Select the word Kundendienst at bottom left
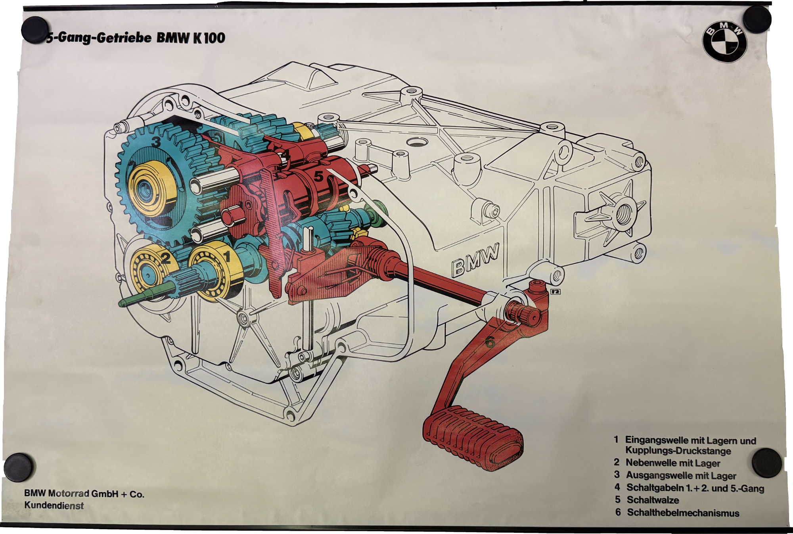(x=54, y=506)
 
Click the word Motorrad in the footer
(x=70, y=494)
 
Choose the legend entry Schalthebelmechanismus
(x=683, y=513)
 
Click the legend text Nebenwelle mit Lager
(x=672, y=463)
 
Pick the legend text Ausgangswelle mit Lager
(x=680, y=475)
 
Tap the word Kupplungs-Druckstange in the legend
(x=678, y=451)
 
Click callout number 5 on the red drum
(x=318, y=177)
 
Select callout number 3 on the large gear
(x=155, y=142)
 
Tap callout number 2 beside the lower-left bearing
(x=166, y=259)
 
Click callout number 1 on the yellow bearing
(x=227, y=257)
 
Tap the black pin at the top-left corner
(x=35, y=28)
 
